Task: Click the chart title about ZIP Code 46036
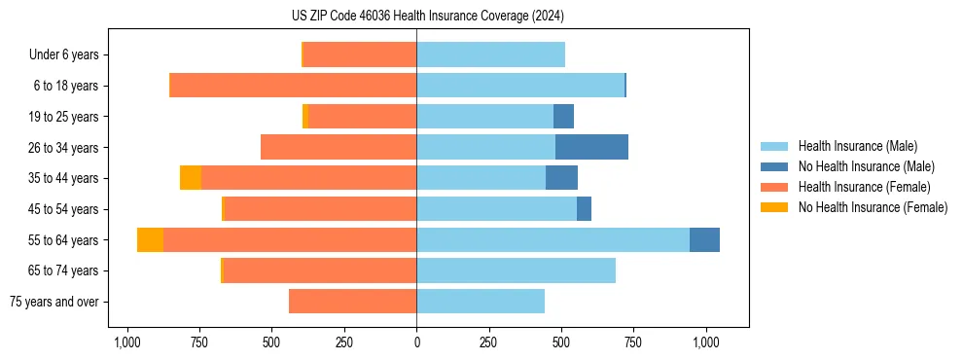coord(427,16)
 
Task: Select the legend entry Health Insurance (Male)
coord(857,146)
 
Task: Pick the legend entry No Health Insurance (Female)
coord(873,207)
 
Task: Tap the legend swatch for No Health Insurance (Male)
coord(774,166)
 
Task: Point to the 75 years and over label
coord(53,302)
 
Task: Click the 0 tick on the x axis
coord(416,342)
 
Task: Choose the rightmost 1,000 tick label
coord(705,342)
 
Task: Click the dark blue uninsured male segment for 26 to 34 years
coord(591,147)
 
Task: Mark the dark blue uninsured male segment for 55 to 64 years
coord(704,239)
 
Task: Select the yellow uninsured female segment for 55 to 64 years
coord(150,239)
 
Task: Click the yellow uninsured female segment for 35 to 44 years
coord(191,178)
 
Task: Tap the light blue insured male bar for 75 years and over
coord(481,302)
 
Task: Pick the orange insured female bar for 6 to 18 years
coord(293,86)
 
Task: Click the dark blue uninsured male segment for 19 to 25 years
coord(563,117)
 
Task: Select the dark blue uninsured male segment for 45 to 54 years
coord(584,209)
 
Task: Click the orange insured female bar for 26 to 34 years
coord(339,147)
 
